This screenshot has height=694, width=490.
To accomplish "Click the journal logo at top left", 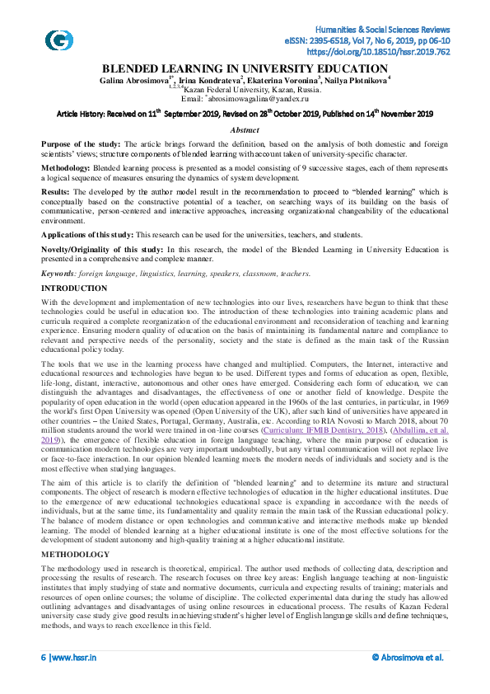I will coord(58,40).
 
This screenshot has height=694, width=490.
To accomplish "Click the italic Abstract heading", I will coord(245,130).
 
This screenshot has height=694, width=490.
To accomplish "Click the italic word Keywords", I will coord(58,273).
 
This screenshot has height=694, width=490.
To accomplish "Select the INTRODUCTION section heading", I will coord(74,288).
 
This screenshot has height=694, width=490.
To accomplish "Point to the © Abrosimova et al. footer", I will coord(407,680).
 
